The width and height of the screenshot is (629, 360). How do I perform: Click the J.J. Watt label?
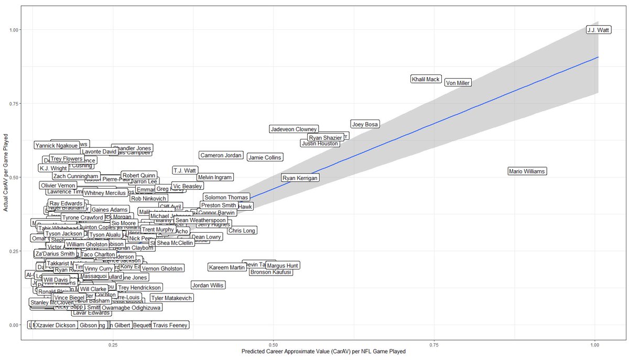(x=598, y=30)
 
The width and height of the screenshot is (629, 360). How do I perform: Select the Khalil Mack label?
(x=426, y=79)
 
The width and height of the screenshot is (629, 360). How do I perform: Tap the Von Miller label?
(x=458, y=83)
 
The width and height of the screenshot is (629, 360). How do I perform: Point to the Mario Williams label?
(x=527, y=171)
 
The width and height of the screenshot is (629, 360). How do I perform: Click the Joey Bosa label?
(x=365, y=125)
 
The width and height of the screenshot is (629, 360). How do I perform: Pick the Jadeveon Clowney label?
(x=294, y=129)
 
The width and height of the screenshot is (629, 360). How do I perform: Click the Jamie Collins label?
(x=265, y=157)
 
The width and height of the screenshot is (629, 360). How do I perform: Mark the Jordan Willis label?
(x=208, y=286)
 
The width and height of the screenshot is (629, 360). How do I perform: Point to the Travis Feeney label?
(x=170, y=325)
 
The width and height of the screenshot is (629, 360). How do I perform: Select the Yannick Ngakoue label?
(x=56, y=146)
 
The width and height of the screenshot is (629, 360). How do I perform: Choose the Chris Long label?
(x=242, y=231)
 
